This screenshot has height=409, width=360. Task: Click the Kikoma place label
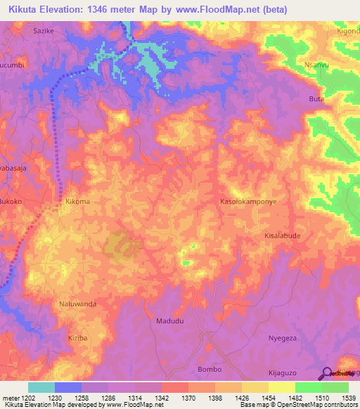77,202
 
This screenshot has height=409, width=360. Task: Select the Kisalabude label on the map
283,236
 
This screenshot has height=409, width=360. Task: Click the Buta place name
316,99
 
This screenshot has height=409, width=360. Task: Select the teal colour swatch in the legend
41,387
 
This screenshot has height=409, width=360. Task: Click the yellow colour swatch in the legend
282,387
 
